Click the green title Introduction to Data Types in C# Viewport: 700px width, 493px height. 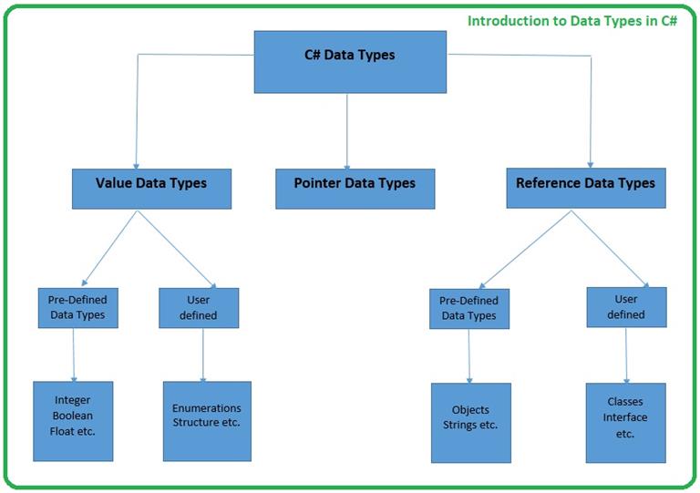(571, 20)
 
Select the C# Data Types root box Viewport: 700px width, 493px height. (349, 56)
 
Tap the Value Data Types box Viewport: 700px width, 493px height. (151, 184)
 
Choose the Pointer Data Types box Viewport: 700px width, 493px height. (355, 184)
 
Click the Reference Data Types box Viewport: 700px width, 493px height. (585, 184)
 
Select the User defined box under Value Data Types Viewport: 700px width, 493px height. (199, 308)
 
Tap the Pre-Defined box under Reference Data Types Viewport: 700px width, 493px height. (468, 309)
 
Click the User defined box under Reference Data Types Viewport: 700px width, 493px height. (626, 307)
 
